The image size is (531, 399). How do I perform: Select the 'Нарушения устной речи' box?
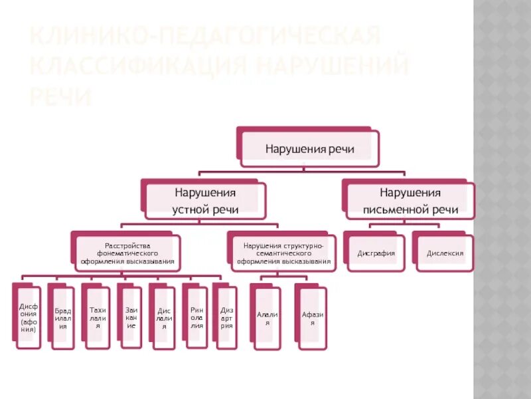tap(205, 201)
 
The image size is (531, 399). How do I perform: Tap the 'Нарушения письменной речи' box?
tap(410, 201)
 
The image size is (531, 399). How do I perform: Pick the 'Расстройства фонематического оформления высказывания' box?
tap(128, 253)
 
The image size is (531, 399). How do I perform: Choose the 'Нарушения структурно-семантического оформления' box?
tap(283, 253)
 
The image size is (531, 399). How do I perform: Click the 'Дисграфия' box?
tap(376, 253)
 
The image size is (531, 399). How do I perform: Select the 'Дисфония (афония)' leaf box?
tap(28, 317)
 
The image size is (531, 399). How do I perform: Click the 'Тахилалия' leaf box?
tap(98, 317)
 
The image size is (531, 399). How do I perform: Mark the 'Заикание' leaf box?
tap(131, 317)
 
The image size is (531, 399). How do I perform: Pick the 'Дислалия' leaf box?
tap(163, 317)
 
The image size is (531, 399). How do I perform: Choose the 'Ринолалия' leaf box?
tap(196, 317)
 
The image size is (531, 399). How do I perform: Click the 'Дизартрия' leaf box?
tap(226, 317)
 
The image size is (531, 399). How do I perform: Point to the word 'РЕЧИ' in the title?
tap(59, 97)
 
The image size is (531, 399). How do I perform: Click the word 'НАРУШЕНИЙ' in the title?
tap(332, 66)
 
